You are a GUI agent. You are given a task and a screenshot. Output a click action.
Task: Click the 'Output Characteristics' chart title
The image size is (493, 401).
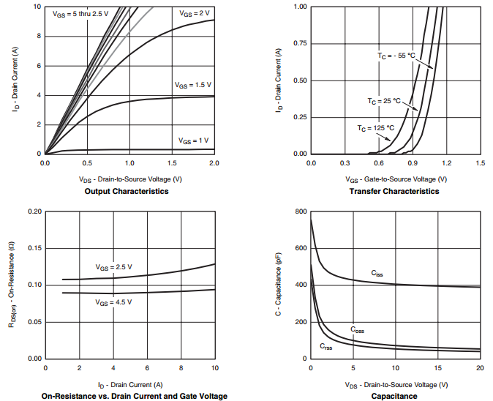coord(128,191)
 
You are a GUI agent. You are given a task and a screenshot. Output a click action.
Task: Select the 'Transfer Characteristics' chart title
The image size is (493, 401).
coord(396,191)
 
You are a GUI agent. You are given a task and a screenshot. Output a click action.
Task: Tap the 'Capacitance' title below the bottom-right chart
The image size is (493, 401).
coord(396,396)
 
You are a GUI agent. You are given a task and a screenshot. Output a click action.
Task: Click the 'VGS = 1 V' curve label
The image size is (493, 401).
coord(193,140)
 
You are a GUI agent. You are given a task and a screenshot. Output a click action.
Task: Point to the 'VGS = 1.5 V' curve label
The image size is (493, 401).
coord(192,85)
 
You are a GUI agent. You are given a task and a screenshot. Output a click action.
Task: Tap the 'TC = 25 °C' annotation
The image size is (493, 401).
coord(384,100)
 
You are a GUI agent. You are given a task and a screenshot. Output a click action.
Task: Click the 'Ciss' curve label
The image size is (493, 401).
coord(376,273)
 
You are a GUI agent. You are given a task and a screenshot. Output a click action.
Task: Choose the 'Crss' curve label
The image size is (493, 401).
coord(326,345)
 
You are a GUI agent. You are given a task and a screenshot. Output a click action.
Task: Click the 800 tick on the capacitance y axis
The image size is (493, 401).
coord(300,211)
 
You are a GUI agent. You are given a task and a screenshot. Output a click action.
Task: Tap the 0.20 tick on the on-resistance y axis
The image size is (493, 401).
coord(34,211)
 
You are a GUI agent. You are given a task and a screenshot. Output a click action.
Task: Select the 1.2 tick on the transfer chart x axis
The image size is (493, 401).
coord(446,162)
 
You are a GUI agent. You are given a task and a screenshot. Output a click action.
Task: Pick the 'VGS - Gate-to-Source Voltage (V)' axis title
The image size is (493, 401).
coord(396,179)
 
